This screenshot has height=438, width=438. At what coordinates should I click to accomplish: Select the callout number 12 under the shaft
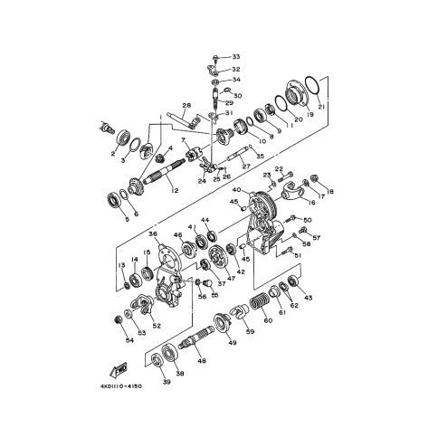pyautogui.click(x=174, y=191)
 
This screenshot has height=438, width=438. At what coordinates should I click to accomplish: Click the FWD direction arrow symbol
pyautogui.click(x=118, y=370)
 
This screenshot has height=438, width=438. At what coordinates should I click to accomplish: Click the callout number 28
pyautogui.click(x=186, y=107)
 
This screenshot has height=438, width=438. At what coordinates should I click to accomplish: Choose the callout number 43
pyautogui.click(x=308, y=298)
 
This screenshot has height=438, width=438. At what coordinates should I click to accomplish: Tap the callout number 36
pyautogui.click(x=154, y=234)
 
